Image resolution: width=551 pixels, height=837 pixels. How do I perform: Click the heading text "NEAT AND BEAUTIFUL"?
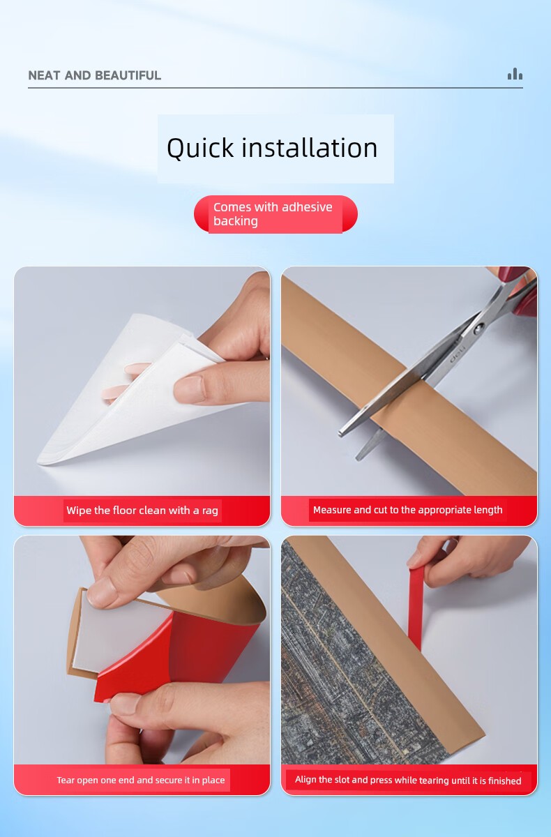point(95,75)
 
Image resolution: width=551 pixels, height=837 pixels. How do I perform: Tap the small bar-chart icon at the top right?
point(515,74)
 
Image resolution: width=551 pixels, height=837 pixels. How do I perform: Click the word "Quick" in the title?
point(200,149)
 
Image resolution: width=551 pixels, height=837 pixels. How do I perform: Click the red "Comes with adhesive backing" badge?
point(275,214)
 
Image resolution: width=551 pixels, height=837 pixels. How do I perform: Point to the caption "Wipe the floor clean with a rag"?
point(142,510)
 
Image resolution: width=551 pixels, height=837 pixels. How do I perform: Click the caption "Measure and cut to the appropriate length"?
point(407,510)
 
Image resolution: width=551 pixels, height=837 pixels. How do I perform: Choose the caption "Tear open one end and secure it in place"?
point(141,780)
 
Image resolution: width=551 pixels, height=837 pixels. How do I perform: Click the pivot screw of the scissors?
point(478,329)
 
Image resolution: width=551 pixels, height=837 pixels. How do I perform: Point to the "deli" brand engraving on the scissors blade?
point(458,354)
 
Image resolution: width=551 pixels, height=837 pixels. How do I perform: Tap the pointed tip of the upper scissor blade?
point(340,434)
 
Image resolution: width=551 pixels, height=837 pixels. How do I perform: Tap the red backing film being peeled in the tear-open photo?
point(179,654)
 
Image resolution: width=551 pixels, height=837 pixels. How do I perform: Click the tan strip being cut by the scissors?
point(407,389)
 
